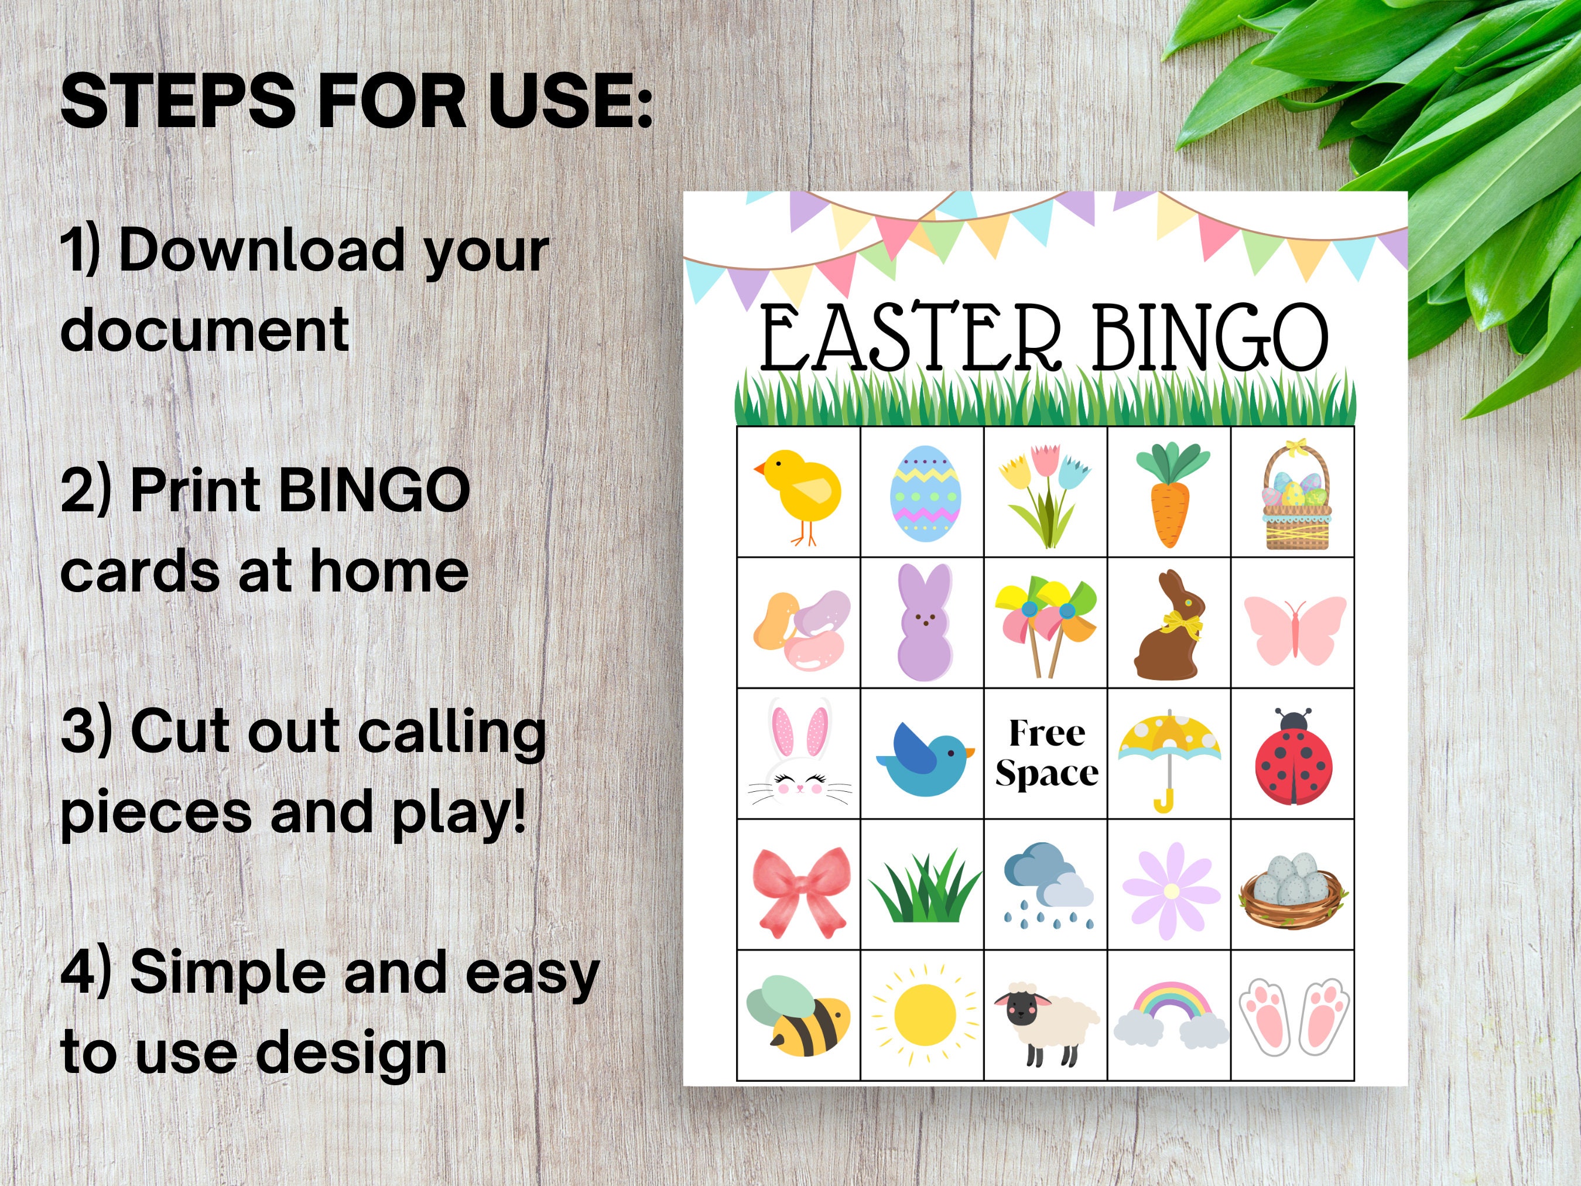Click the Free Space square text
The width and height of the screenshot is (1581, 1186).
[1046, 753]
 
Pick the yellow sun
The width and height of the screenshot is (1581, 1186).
[924, 1013]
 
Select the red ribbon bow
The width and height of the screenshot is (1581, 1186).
[801, 891]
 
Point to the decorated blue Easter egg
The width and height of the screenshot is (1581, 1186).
[925, 493]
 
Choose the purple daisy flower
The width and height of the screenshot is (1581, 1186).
[1171, 891]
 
